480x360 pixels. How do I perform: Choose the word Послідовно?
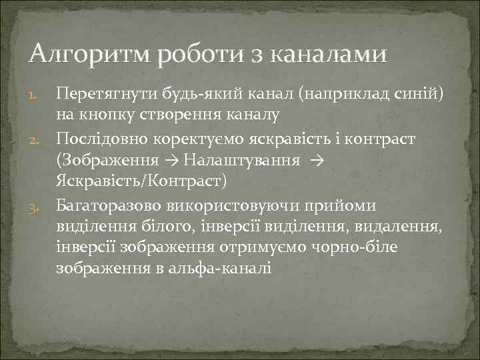[x=97, y=139]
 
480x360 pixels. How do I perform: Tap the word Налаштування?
[x=238, y=161]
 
